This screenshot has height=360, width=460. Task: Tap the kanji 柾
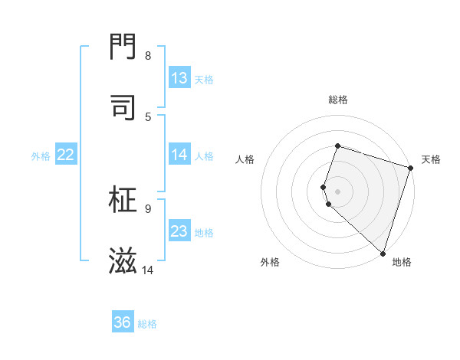(123, 200)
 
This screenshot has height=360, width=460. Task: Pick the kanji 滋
(123, 260)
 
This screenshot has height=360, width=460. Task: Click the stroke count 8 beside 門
(148, 56)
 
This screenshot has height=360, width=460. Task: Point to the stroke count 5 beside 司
(148, 116)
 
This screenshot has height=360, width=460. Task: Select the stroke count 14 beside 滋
(148, 270)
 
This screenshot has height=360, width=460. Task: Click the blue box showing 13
(179, 78)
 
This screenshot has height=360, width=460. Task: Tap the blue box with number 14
(179, 155)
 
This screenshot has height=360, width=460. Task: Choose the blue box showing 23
(179, 231)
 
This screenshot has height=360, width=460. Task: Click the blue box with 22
(66, 155)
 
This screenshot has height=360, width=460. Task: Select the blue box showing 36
(123, 322)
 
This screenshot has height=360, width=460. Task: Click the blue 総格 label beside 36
(148, 324)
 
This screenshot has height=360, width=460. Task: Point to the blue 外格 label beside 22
(41, 156)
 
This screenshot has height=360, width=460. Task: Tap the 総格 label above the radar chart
(337, 100)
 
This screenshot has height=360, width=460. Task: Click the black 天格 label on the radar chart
(431, 159)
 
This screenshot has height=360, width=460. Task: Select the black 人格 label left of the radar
(245, 159)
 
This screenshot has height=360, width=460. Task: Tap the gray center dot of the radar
(337, 191)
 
